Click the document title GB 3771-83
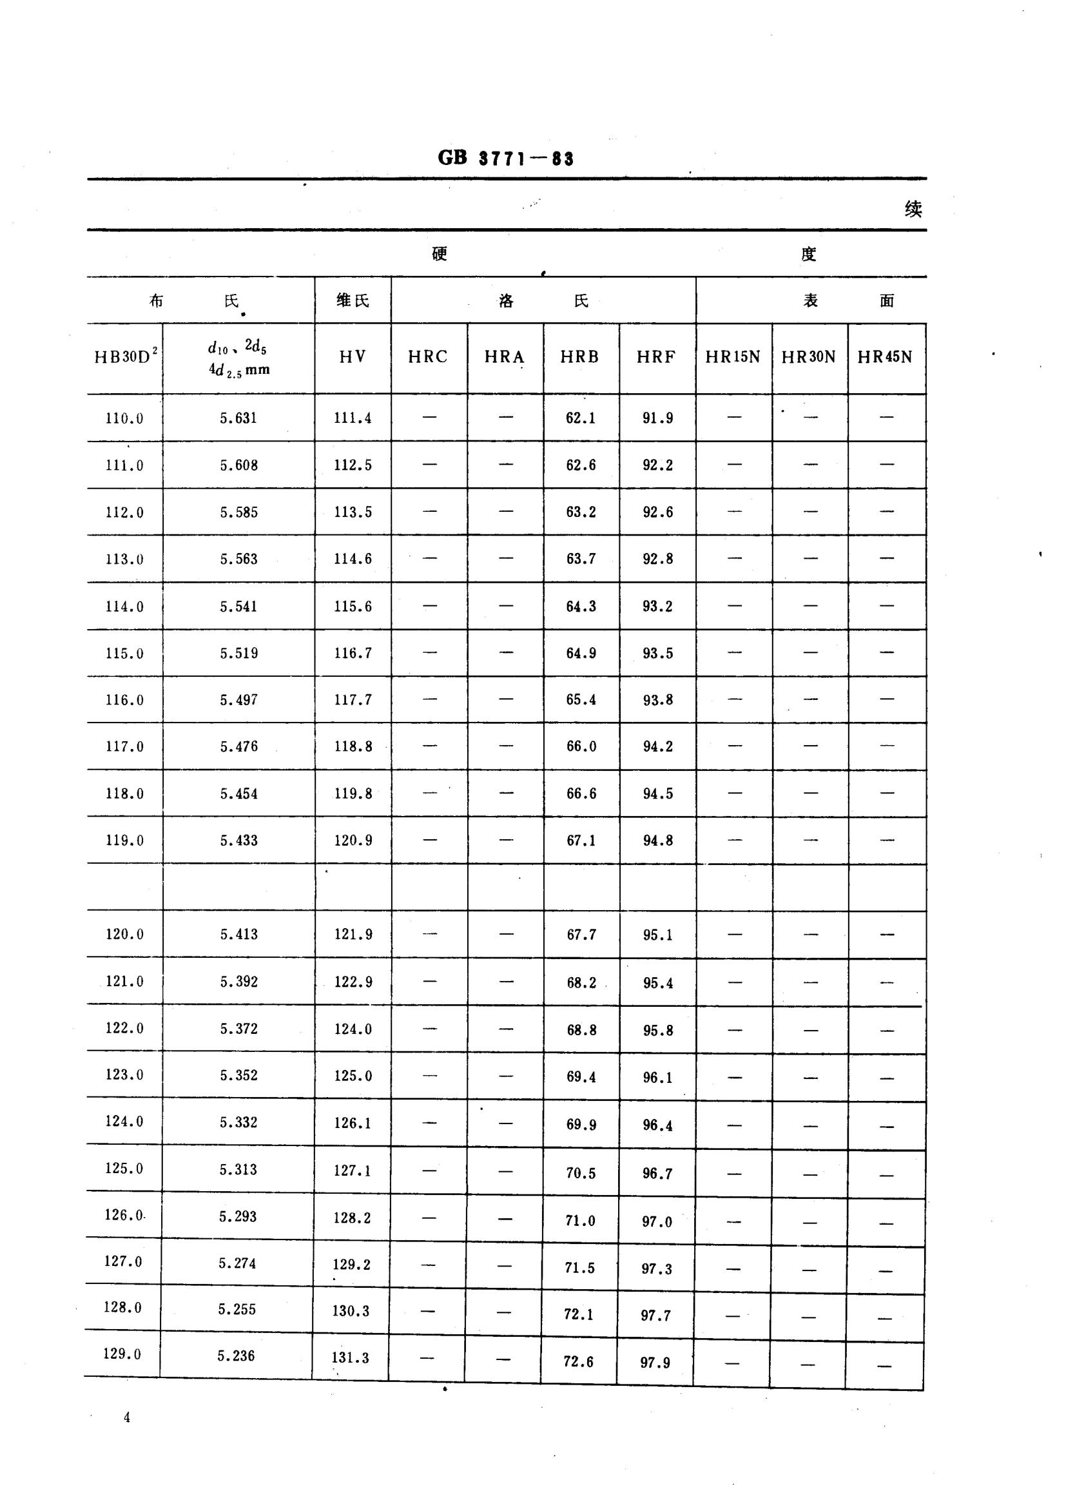[x=505, y=158]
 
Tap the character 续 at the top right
[x=913, y=209]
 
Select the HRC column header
[x=428, y=356]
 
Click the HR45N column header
[x=885, y=356]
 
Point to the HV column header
[x=353, y=356]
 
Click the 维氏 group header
[x=353, y=300]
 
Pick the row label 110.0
[x=124, y=418]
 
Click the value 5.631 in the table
[x=238, y=418]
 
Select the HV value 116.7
[x=353, y=653]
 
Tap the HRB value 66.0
[x=581, y=746]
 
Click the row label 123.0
[x=124, y=1074]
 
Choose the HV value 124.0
[x=353, y=1029]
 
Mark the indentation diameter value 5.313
[x=238, y=1169]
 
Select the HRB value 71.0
[x=580, y=1220]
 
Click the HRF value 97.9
[x=655, y=1363]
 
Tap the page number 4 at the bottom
[x=127, y=1417]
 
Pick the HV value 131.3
[x=351, y=1357]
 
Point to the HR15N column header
[x=733, y=356]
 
